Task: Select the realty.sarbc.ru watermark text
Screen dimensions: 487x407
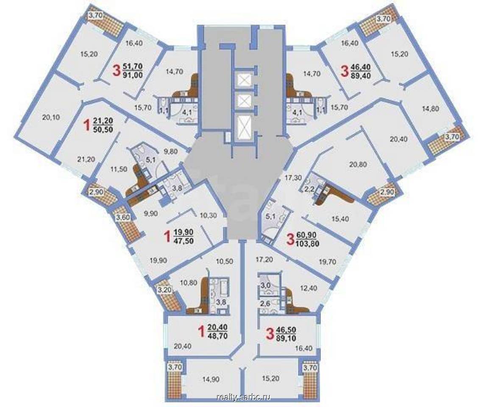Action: (x=243, y=397)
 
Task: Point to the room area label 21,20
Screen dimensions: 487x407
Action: (x=84, y=160)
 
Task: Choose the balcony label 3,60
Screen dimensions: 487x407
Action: (x=122, y=217)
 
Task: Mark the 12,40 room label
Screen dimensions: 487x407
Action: (x=309, y=288)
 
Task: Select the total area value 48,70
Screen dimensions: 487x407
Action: (x=217, y=335)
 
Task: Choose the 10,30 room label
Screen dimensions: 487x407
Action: (x=208, y=215)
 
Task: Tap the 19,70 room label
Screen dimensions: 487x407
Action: (x=327, y=262)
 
